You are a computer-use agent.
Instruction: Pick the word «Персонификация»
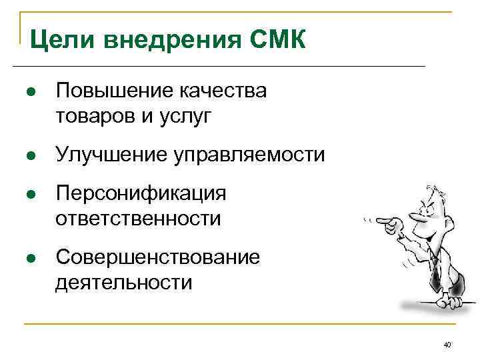(141, 194)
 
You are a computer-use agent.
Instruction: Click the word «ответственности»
(138, 218)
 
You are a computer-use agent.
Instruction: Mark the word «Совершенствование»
(158, 257)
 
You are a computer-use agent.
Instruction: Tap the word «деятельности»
(124, 283)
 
